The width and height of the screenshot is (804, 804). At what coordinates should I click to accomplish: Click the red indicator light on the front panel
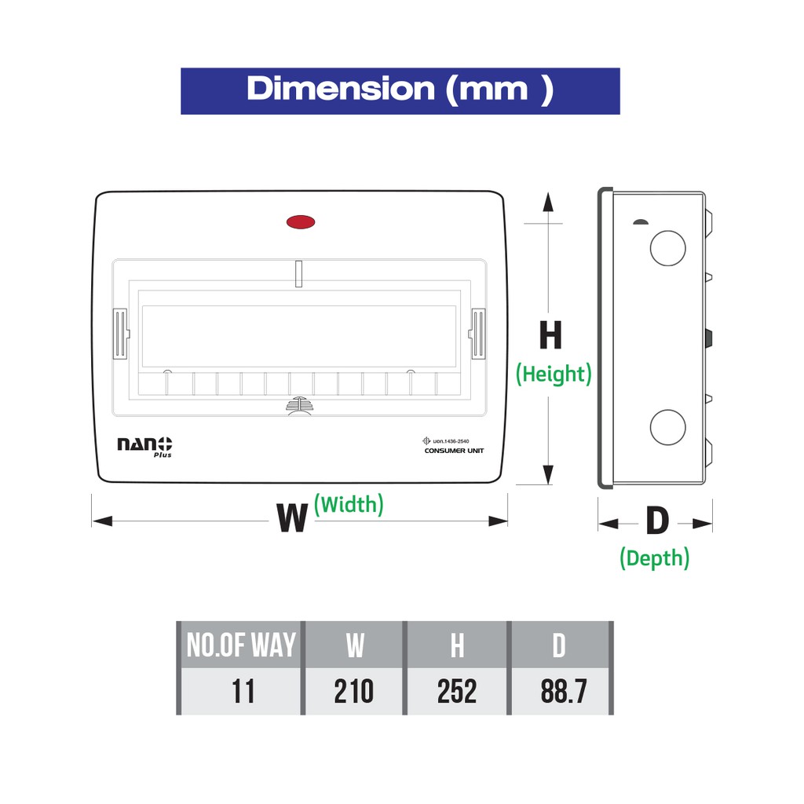point(301,222)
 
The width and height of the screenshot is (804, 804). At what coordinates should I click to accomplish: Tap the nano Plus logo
point(144,447)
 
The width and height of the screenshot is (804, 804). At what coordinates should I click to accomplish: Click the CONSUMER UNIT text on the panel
point(454,451)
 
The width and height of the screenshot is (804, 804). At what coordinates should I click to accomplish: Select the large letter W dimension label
point(292,518)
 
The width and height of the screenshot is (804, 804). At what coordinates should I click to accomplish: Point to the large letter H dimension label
point(550,335)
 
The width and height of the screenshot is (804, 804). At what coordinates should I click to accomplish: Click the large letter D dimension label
point(657,521)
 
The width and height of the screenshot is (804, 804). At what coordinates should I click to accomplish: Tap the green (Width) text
point(349,505)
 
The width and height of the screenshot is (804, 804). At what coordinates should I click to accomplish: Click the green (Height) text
point(554,374)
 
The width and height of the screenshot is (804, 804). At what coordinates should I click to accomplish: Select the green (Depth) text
point(654,558)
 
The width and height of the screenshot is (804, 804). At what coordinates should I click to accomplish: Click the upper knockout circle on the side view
point(667,248)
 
